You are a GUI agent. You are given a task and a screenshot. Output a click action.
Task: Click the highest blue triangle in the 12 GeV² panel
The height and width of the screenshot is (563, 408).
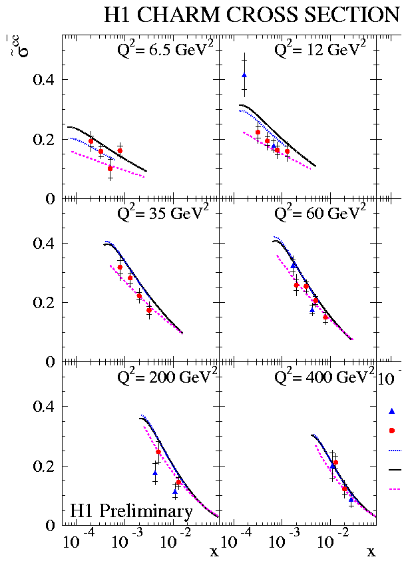coord(244,75)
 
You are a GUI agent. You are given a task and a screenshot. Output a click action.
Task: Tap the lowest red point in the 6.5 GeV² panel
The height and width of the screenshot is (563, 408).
coord(110,168)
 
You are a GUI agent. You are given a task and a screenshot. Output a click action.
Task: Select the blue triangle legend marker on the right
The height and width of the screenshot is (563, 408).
coord(392,411)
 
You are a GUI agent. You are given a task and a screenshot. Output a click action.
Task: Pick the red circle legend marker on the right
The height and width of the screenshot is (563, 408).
coord(392,430)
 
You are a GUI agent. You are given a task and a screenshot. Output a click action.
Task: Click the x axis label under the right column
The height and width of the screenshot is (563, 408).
coord(371,552)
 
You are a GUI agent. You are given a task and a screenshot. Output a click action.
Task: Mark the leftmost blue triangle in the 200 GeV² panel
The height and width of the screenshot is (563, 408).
coord(155,473)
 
